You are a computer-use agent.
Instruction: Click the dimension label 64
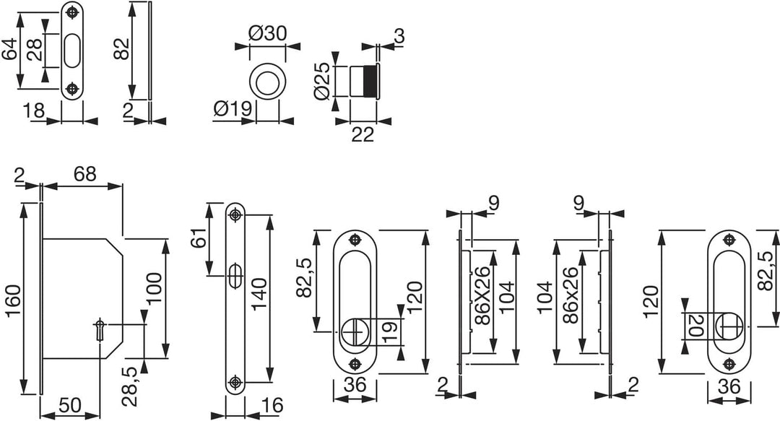10,50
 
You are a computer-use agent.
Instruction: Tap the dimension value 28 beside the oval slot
35,50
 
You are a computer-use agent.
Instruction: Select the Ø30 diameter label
268,34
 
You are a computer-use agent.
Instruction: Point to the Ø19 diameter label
233,108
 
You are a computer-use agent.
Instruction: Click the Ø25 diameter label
322,81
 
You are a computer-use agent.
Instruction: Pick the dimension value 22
362,134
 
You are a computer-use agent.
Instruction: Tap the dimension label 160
13,300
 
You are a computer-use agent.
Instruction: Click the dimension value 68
84,174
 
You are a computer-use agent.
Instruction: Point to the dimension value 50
69,405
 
